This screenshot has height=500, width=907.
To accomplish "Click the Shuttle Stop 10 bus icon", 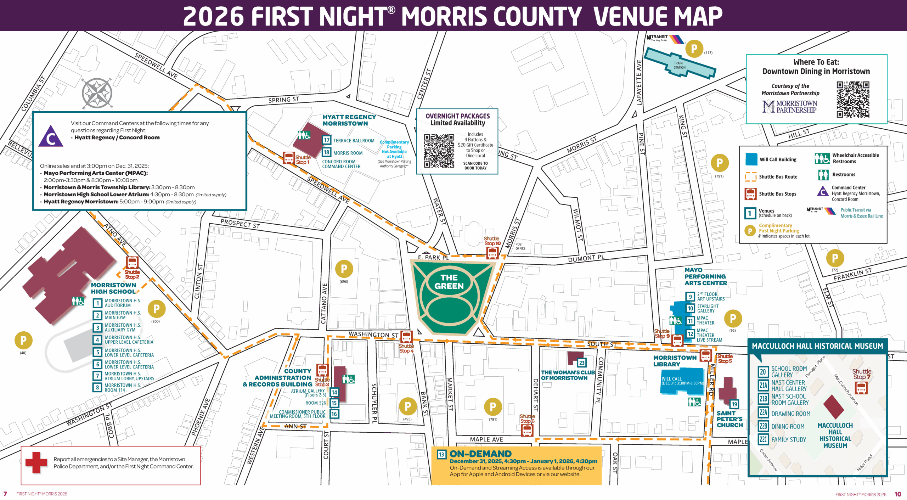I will coord(492,253).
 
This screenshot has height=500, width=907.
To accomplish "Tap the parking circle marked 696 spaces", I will coord(344,269).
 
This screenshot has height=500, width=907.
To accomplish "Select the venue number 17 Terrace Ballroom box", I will coord(326,140).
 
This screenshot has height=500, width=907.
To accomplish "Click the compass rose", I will coord(97,93).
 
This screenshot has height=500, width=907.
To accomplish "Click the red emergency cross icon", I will coord(36,462).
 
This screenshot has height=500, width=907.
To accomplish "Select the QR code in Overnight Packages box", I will coord(439,150).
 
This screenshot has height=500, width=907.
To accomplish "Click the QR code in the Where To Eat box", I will coord(853,100).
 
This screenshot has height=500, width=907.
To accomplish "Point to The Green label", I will coord(449,282).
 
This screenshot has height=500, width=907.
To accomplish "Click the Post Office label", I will coord(520,246).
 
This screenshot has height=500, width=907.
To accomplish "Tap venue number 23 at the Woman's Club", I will coord(582,363).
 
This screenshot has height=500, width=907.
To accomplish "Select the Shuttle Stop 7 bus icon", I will coord(861,388).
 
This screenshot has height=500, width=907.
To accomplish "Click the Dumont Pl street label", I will coord(586,258).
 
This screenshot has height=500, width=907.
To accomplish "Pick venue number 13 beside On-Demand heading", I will coord(441,454).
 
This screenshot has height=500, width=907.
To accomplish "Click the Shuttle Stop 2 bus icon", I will coord(132,263).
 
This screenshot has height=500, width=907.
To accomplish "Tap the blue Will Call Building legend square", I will coord(751,159).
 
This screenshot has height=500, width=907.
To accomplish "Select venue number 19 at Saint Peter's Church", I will coord(734,404).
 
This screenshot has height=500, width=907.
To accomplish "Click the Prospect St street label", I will coord(240,224).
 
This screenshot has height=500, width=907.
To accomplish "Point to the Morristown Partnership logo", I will coord(789,106).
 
